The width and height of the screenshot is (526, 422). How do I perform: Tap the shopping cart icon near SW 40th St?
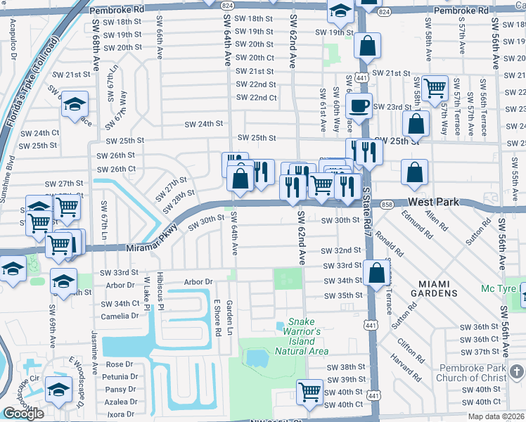tap(309, 392)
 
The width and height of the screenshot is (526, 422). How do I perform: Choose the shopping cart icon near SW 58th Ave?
tap(435, 88)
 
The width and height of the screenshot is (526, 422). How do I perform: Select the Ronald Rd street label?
tap(389, 242)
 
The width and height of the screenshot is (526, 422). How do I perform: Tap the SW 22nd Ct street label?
tap(256, 98)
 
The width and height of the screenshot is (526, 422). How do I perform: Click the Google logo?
tap(23, 414)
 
